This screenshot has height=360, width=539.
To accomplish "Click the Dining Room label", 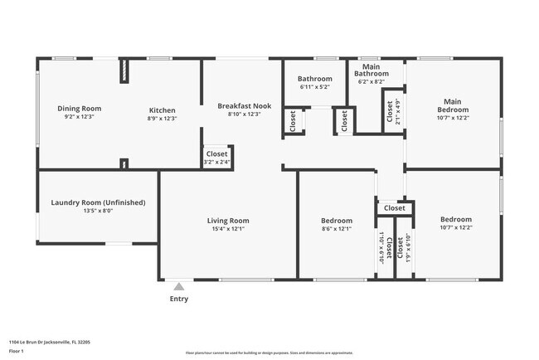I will pos(79,109).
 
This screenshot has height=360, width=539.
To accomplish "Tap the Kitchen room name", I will pos(162,109).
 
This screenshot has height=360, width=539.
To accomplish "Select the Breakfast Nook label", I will pos(244,105).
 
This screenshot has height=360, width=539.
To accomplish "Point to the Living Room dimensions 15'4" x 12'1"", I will pos(228,229).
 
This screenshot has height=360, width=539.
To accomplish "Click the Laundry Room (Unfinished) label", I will pos(98,202).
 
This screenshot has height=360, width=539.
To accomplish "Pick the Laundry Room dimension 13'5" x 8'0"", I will pos(98,212).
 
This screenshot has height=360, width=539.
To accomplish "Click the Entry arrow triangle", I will pos(177,287).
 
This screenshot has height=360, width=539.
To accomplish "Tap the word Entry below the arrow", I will pos(178,299).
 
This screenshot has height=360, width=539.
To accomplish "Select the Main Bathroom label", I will pos(371,70).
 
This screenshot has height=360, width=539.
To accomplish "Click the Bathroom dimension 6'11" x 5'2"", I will pos(314,87).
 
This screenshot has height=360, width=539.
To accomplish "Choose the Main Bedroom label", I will pos(453,105).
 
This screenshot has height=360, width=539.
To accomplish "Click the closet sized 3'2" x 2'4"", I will pos(217,163).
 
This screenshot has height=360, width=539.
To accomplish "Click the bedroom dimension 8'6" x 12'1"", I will pos(337,229).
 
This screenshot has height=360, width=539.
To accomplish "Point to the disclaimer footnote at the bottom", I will pos(269,353).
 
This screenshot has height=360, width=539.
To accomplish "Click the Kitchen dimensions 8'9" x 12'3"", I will pos(162,119).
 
